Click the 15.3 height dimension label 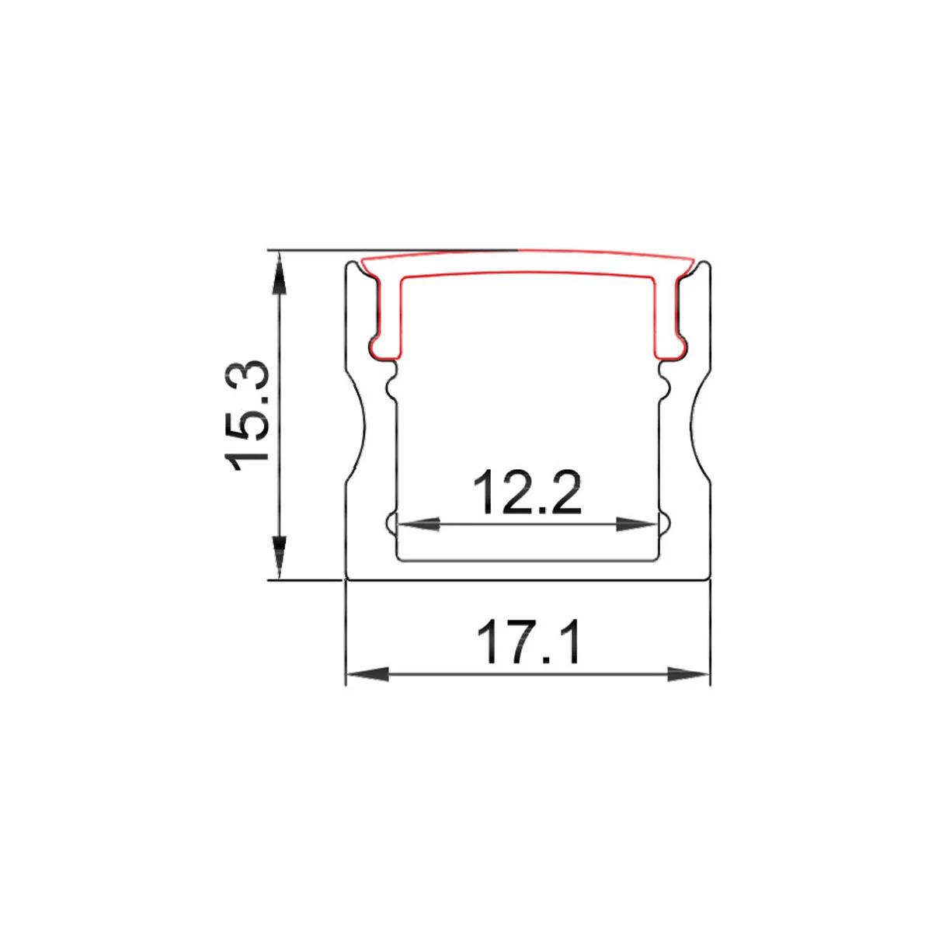pos(247,416)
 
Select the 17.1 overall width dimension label pos(528,641)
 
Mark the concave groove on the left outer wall pos(356,427)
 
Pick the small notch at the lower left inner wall pos(391,523)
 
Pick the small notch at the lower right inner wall pos(665,523)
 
